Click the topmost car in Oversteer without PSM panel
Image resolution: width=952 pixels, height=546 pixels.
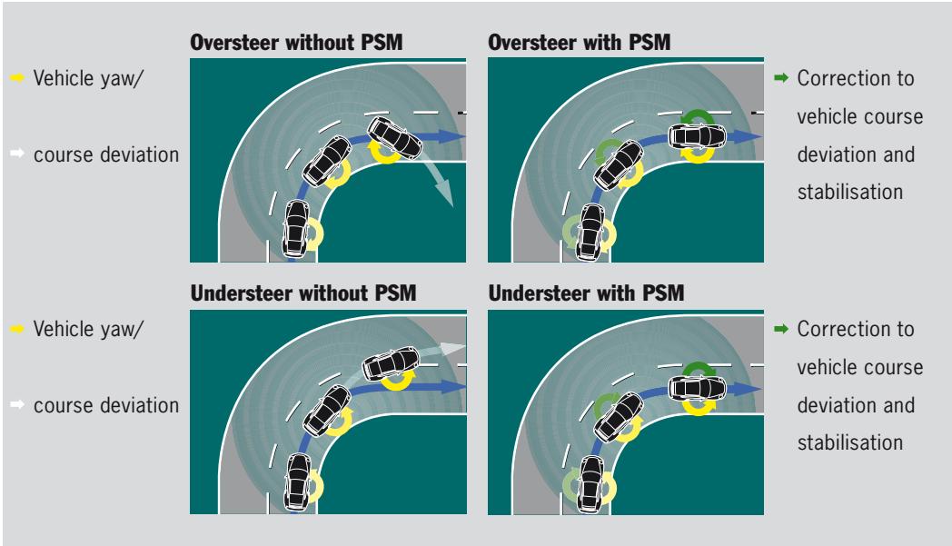coord(394,138)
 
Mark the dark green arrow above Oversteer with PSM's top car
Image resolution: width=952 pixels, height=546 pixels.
coord(698,116)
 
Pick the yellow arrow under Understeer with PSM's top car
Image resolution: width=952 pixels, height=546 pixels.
coord(698,406)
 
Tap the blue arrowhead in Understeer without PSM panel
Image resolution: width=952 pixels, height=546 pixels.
coord(459,387)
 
